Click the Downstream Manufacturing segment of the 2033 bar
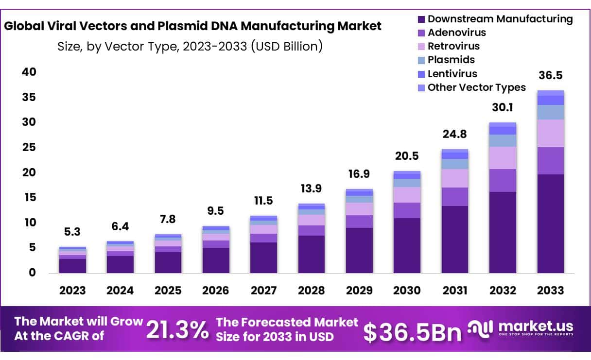pos(550,223)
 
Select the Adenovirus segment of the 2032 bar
pos(503,180)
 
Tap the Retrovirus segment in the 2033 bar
pos(550,133)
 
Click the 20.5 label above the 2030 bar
pos(407,156)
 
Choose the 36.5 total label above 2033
pos(550,76)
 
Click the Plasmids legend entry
pos(451,60)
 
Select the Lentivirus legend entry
pos(452,74)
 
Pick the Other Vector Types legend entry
pos(476,87)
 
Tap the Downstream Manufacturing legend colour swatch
pos(421,19)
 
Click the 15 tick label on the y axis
pos(30,197)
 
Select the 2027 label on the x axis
pos(263,291)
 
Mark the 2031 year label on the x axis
pos(454,291)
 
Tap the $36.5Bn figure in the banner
pos(412,331)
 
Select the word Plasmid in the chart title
pos(225,26)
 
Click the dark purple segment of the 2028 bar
pos(311,254)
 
